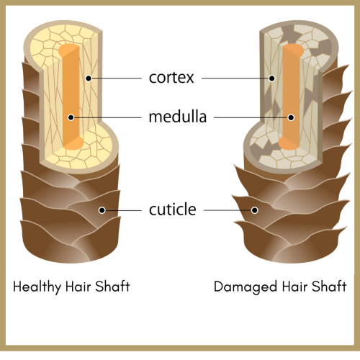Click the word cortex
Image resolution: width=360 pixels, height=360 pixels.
point(171,78)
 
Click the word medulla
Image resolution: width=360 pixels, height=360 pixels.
point(178,117)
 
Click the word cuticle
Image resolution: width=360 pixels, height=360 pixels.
point(172,209)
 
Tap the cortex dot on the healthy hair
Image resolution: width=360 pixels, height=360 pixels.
point(89,78)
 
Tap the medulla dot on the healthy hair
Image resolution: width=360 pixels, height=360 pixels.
point(71,117)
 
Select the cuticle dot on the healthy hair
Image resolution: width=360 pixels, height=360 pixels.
point(102,210)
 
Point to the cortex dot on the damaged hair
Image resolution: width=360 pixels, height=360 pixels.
point(272,78)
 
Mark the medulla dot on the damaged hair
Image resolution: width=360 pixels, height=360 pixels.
point(291,117)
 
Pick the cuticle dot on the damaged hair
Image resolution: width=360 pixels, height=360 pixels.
point(255,210)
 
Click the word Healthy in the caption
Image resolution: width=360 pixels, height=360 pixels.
point(37,287)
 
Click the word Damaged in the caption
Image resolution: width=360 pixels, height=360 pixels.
point(246,287)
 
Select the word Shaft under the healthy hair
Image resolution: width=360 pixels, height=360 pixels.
point(112,286)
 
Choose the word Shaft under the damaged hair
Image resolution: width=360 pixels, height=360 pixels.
point(329,286)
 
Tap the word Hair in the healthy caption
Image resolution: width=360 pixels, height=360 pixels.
point(78,287)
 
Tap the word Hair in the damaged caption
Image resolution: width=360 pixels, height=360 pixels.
point(294,287)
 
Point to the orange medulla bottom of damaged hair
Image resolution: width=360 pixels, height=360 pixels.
point(289,143)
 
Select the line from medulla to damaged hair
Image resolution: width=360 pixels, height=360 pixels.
point(251,117)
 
